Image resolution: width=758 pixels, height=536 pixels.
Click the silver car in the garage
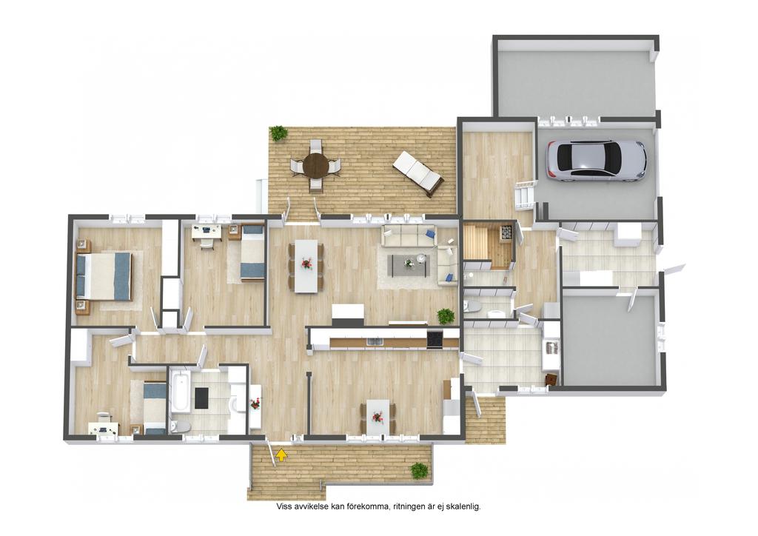coord(596,161)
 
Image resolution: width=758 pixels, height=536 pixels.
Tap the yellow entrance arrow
coord(281,454)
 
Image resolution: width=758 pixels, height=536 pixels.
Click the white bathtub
coord(181,392)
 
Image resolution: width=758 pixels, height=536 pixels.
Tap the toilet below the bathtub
coord(180,426)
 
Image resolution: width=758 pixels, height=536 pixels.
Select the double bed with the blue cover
coord(104,276)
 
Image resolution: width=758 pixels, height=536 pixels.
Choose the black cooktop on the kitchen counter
coord(434,339)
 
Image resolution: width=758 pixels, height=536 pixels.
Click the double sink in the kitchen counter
coord(374,342)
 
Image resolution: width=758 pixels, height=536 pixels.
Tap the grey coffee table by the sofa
coord(410,265)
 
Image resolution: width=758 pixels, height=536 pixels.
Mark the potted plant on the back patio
coord(278,133)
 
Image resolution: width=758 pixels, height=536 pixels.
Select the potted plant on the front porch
coord(419,470)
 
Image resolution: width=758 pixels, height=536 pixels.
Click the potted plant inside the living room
coord(446,317)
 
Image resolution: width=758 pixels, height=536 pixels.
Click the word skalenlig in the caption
coord(463,507)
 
